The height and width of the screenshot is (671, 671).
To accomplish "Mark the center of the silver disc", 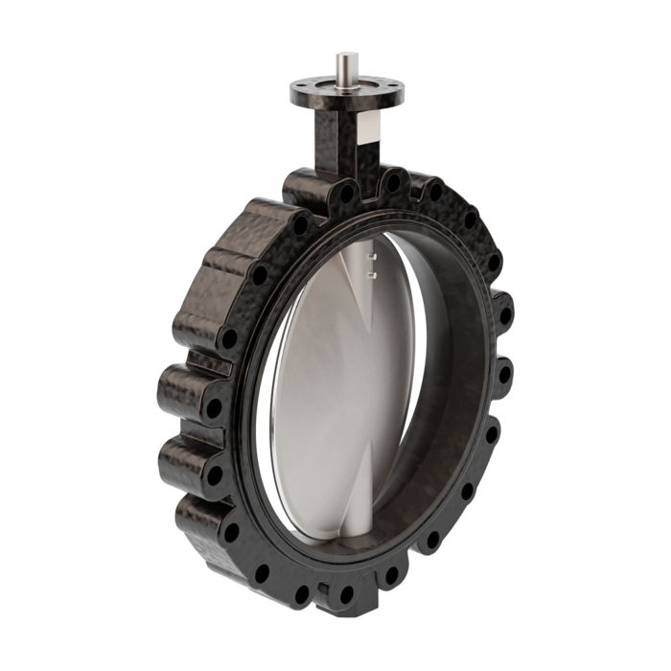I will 345,383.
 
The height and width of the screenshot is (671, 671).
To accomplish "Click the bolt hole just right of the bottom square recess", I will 347,593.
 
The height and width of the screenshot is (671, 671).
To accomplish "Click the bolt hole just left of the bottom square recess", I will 301,593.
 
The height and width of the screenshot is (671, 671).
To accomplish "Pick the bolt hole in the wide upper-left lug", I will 260,274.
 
